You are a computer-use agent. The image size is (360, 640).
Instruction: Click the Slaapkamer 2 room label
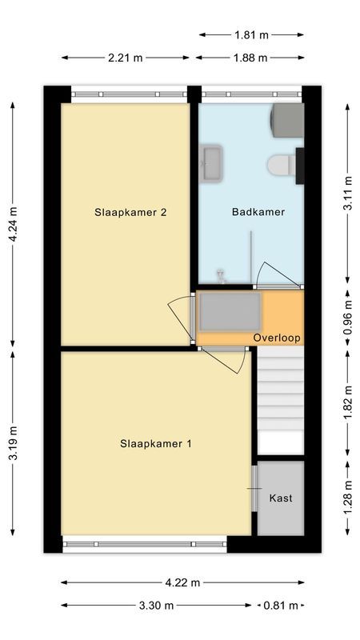(x=130, y=213)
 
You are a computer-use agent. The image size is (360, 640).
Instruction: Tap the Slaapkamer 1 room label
(x=156, y=443)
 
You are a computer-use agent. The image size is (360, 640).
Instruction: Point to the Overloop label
(x=277, y=338)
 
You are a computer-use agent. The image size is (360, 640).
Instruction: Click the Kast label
(x=280, y=498)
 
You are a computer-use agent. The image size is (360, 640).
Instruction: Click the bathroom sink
(x=212, y=162)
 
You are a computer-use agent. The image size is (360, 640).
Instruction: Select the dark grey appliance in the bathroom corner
(x=288, y=121)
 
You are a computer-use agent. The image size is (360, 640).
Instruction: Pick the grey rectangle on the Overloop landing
(x=230, y=312)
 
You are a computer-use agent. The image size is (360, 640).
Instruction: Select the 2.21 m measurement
(x=126, y=58)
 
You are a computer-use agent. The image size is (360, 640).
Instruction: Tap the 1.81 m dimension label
(x=251, y=34)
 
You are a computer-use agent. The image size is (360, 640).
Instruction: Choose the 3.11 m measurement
(x=348, y=194)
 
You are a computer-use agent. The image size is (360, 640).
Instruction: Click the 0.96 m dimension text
(x=348, y=314)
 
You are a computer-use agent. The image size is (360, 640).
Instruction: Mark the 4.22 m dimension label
(x=183, y=582)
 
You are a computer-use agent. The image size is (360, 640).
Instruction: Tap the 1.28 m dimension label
(x=348, y=497)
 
